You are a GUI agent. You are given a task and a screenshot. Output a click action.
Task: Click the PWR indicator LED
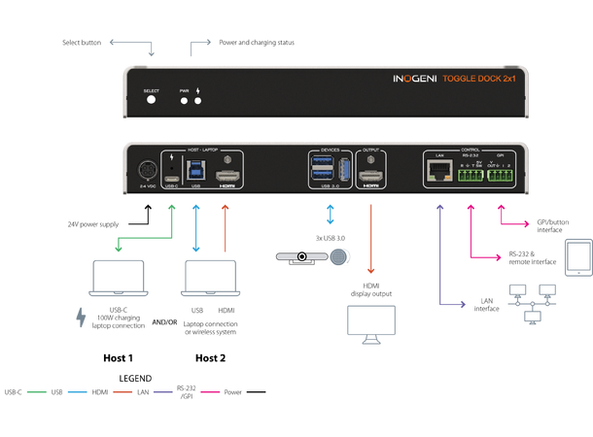tap(183, 101)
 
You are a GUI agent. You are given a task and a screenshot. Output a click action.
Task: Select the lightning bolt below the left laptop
tap(81, 319)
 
